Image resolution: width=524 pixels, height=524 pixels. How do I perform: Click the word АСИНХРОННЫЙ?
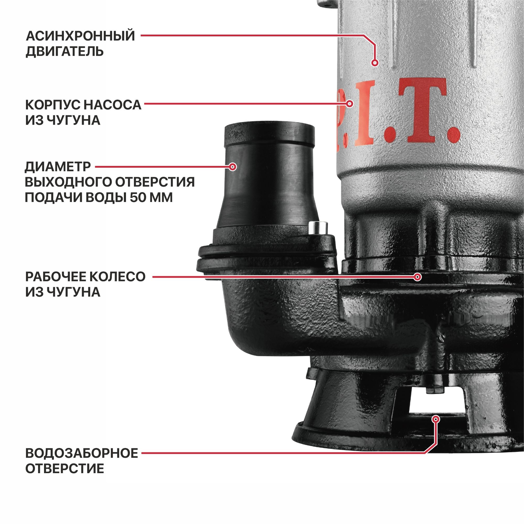tap(80, 36)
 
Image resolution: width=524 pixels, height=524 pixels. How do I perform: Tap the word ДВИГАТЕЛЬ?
tap(64, 51)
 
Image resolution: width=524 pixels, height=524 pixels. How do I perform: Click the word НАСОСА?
tap(112, 105)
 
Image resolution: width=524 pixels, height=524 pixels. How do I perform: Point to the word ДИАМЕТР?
tap(58, 167)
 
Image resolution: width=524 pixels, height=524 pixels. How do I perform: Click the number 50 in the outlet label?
tap(138, 198)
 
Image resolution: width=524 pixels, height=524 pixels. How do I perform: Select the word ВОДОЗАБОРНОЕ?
tap(82, 453)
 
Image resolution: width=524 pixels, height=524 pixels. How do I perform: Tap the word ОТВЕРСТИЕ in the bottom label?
tap(64, 469)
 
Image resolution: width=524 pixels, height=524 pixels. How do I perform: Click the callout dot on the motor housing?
tap(375, 63)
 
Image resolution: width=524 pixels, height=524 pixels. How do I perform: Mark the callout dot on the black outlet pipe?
tap(232, 167)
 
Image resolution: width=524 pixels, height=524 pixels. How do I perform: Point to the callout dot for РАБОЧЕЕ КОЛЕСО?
tap(418, 277)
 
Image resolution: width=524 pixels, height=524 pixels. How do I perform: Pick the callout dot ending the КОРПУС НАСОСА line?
tap(350, 103)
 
